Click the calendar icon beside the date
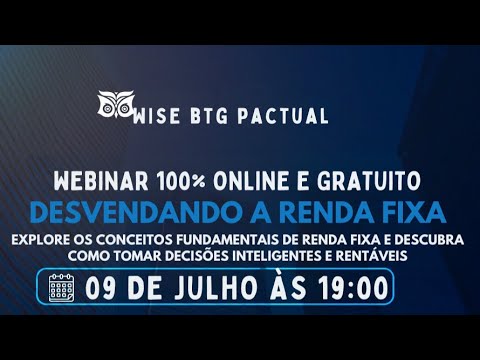click(62, 288)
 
